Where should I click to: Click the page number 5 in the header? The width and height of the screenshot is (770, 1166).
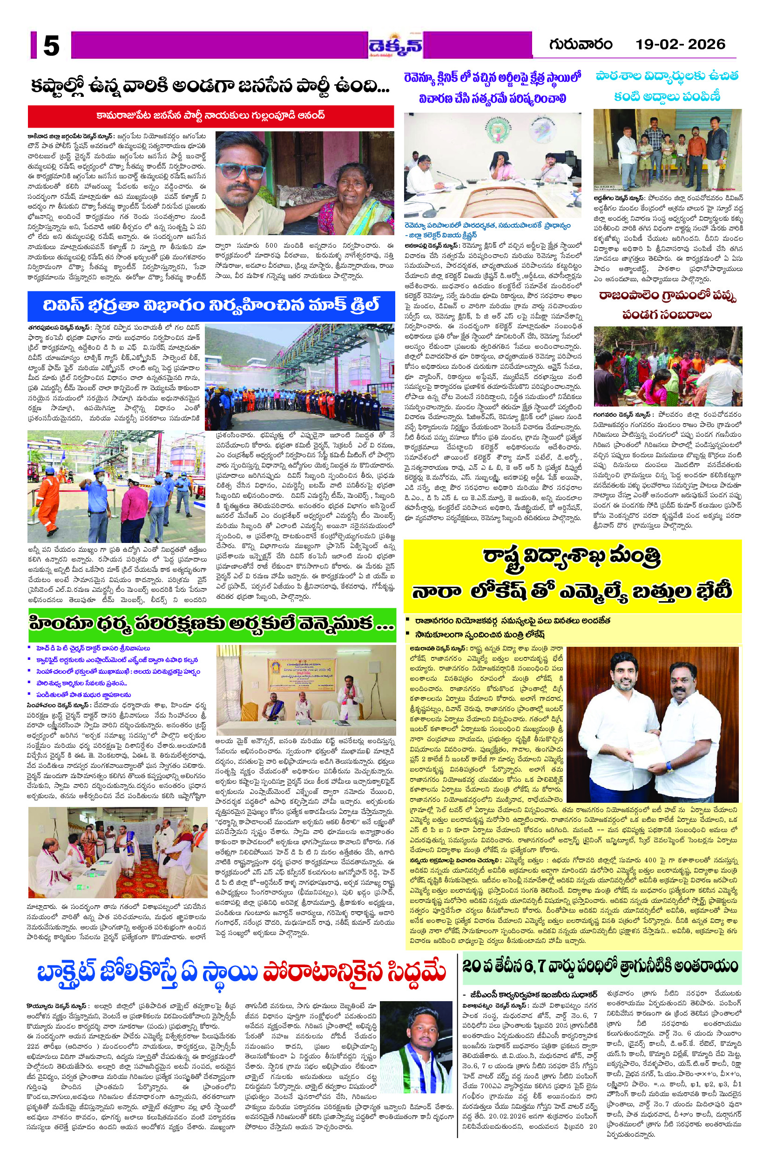[x=51, y=47]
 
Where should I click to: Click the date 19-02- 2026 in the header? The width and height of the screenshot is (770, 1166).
[x=680, y=44]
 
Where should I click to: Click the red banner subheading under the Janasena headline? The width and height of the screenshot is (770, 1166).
[x=211, y=116]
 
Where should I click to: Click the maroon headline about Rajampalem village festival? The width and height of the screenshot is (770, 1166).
[x=667, y=305]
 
